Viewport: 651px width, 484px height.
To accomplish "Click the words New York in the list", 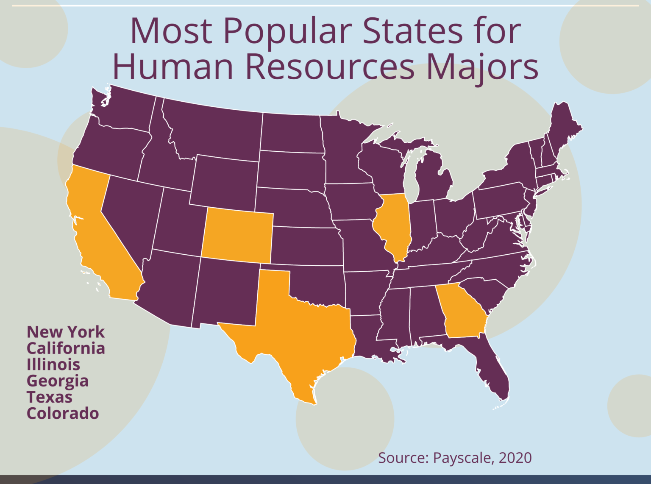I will click(x=66, y=332).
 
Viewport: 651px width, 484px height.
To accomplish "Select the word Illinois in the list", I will click(x=53, y=364).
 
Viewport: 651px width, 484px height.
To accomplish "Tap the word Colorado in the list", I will click(x=63, y=413).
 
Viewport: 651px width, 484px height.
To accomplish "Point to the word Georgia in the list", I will click(x=58, y=381).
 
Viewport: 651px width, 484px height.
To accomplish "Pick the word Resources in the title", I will click(x=330, y=67).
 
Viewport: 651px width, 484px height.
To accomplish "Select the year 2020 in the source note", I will click(x=515, y=458).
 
